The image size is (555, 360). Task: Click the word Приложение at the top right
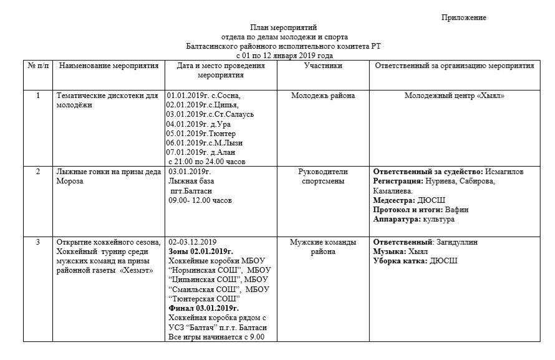point(463,17)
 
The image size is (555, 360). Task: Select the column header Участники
point(323,66)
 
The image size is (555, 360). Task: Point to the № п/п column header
point(38,66)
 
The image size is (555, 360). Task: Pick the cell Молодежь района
point(323,96)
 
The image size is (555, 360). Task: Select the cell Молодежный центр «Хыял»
point(454,96)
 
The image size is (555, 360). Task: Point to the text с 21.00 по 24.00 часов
point(206,161)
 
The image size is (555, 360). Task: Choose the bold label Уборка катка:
point(400,261)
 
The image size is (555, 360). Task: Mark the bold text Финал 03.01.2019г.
point(204,308)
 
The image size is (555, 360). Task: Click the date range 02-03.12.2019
point(194,242)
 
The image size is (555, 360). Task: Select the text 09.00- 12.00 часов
point(200,200)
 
